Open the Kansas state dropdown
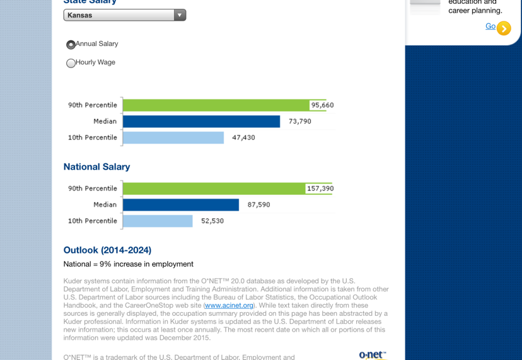point(124,15)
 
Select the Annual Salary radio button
point(71,45)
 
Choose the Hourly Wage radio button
point(71,63)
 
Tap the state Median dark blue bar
point(201,122)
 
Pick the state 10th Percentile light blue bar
point(173,137)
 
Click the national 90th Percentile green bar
point(214,189)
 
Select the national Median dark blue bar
point(181,205)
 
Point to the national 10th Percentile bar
point(158,221)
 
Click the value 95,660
point(322,105)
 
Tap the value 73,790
point(300,122)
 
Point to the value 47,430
point(243,137)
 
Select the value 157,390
point(320,189)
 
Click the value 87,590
point(258,205)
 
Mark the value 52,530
point(212,221)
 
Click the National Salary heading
point(96,167)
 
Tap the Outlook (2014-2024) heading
point(107,250)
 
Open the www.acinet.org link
point(229,305)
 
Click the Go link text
point(490,26)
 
